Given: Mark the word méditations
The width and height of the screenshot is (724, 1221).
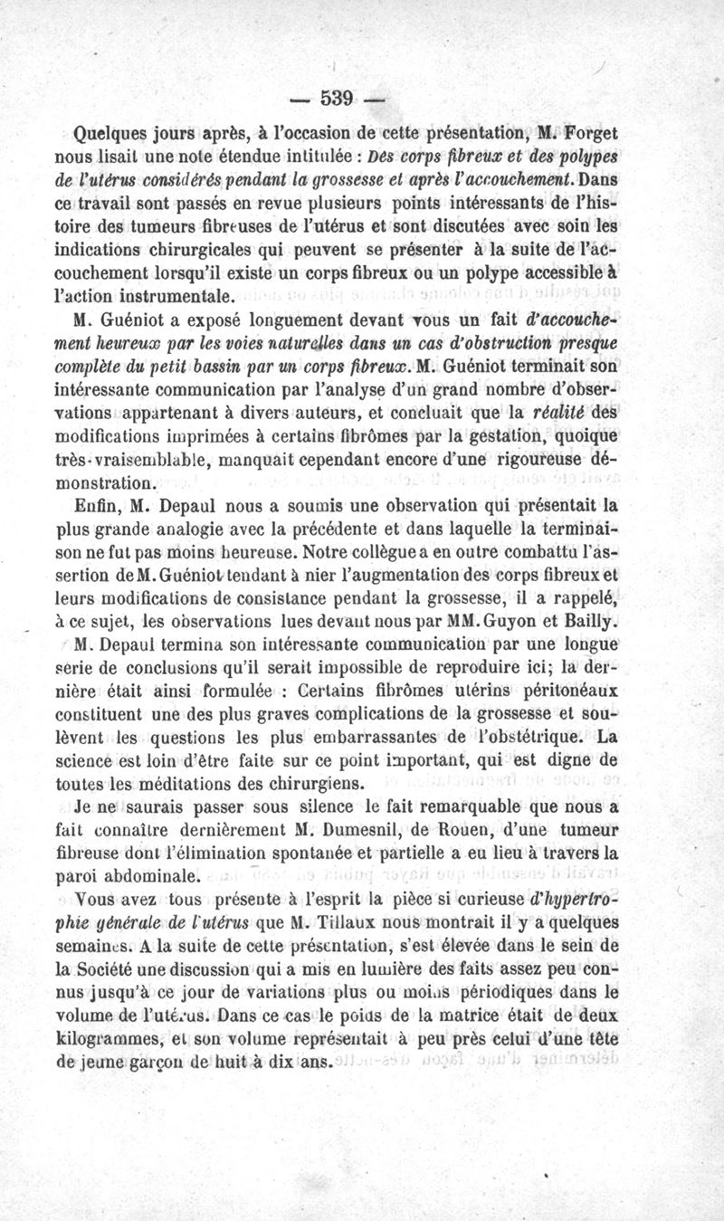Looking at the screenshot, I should (191, 783).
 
